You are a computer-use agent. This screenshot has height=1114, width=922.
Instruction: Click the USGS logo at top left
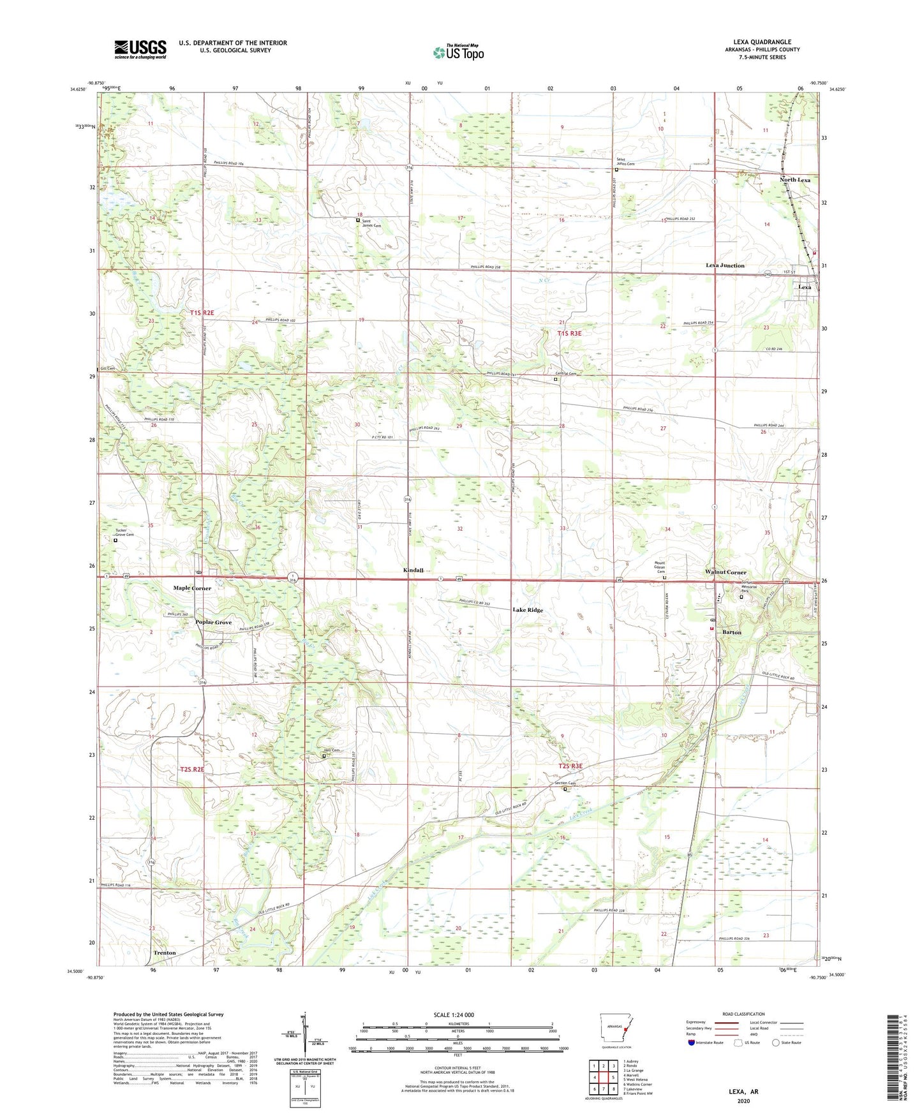tap(140, 49)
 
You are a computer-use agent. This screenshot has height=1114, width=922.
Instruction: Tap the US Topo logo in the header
tap(458, 52)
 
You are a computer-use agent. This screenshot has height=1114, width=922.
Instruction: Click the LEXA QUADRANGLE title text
tap(757, 42)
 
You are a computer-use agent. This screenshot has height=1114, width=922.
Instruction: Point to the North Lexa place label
tap(794, 180)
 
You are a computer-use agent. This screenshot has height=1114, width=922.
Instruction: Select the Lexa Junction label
tap(725, 265)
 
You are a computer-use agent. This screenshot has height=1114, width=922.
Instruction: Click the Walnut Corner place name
tap(725, 572)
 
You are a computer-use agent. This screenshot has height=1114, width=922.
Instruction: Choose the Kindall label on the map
tap(413, 570)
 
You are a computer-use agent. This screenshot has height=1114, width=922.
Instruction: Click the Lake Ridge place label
tap(528, 610)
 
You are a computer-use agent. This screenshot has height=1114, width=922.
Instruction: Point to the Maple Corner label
tap(192, 588)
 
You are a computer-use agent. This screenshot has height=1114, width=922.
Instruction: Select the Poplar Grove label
tap(214, 622)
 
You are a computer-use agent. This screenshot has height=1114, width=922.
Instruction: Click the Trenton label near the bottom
tap(165, 953)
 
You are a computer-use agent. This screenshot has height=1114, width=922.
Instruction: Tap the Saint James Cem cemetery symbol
tap(358, 221)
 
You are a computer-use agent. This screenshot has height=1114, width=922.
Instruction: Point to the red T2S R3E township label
tap(570, 766)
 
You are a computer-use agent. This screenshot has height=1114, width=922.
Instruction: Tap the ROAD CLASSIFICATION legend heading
tap(743, 1014)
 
